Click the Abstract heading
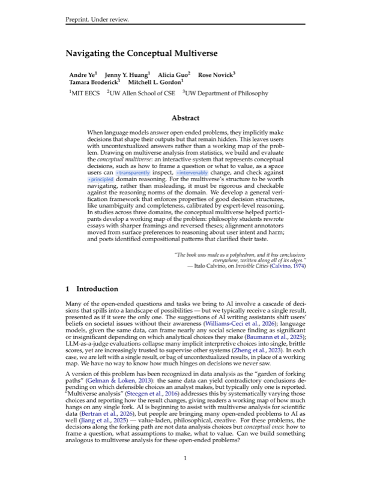pos(185,118)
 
